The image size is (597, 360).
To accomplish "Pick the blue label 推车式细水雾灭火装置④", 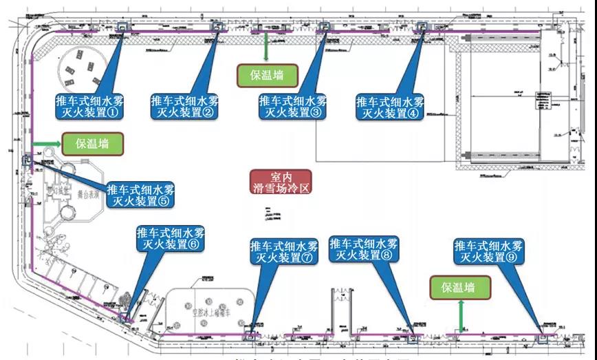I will click(391, 107).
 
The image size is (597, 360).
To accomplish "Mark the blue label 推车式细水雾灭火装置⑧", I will click(363, 248).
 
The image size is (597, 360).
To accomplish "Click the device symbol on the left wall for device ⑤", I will click(28, 160).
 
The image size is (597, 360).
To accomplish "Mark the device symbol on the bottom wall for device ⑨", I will click(542, 338).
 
